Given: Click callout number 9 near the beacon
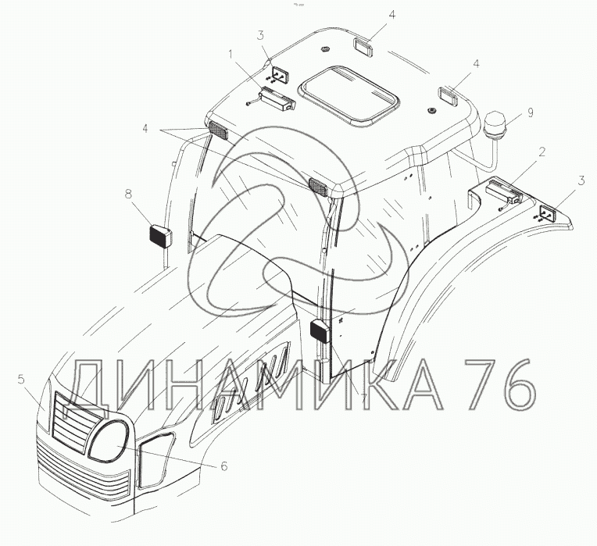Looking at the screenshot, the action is click(x=531, y=112).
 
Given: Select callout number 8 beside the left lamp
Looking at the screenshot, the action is click(x=129, y=194).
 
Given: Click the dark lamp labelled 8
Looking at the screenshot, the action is click(x=160, y=237).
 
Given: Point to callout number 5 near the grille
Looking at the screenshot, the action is click(x=21, y=379).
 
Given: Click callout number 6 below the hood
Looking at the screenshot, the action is click(x=224, y=466).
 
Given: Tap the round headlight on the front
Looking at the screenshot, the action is click(x=108, y=441).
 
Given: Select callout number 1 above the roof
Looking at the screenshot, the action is click(x=231, y=55).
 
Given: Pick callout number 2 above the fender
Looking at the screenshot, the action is click(x=542, y=152).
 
